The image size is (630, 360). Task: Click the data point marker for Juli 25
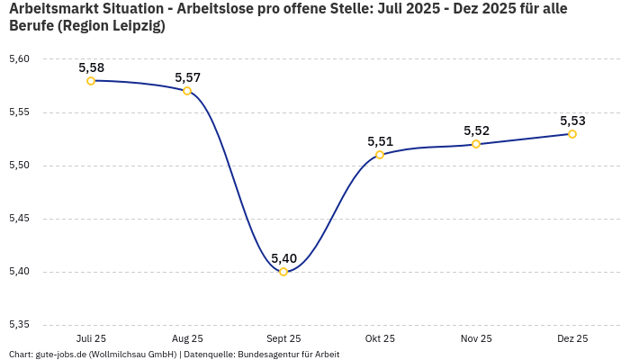coord(91,81)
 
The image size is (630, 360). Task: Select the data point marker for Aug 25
coord(187,91)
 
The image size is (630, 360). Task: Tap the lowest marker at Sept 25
coord(283,272)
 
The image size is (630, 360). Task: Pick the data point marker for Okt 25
coord(380,155)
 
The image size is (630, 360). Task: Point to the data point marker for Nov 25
coord(476,144)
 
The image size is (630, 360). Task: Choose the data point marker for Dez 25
coord(572,134)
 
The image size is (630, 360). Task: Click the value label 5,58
coord(91,67)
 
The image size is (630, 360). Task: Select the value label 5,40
coord(283,258)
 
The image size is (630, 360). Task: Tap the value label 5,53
coord(572,121)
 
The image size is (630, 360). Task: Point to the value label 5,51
coord(380,141)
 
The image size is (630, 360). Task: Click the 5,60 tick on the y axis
coord(19,59)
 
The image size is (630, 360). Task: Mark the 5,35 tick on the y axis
coord(19,325)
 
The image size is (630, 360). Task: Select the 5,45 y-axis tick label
coord(19,219)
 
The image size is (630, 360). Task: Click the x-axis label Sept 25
coord(283,338)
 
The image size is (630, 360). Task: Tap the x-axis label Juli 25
coord(91,338)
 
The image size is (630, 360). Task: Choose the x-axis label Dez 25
coord(572,338)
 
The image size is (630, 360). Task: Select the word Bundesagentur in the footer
coord(267,355)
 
